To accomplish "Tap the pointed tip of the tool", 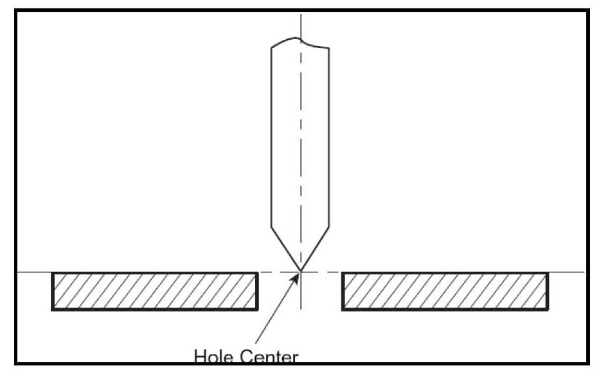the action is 300,271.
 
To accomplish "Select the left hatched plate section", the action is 155,292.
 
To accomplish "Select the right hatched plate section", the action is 445,292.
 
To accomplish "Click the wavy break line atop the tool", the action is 300,42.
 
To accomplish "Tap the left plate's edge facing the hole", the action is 258,292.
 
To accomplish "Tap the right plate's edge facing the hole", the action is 343,292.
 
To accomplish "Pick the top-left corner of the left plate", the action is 53,274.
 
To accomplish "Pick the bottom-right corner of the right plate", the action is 548,310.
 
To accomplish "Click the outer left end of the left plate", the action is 53,292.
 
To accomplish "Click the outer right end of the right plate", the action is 548,292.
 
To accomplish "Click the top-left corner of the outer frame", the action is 15,11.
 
